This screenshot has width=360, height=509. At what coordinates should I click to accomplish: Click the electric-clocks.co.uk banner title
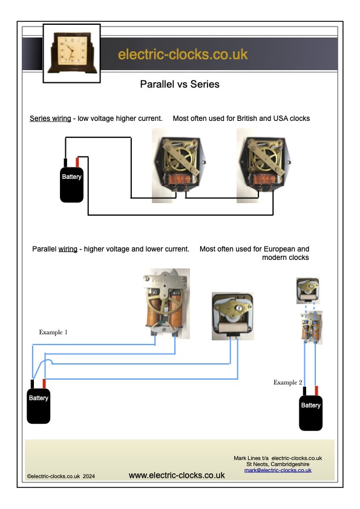[183, 54]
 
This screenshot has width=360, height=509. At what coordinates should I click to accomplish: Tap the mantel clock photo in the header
[72, 53]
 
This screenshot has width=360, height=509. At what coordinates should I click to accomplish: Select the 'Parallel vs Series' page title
[180, 85]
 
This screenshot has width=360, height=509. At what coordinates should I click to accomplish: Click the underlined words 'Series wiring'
[50, 118]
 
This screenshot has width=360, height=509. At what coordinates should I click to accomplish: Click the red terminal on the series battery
[77, 162]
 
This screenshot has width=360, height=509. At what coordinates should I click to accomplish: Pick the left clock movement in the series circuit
[180, 166]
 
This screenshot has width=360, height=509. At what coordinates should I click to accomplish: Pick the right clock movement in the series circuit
[264, 166]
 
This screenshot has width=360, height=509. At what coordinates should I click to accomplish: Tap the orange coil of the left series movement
[178, 179]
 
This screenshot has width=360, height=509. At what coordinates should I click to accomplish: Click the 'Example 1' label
[53, 332]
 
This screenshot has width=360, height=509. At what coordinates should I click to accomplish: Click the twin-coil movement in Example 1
[166, 303]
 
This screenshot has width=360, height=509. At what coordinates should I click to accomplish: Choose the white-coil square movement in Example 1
[232, 316]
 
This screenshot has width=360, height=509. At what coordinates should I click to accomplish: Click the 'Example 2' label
[288, 383]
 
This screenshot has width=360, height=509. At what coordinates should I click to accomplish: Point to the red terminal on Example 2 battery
[316, 391]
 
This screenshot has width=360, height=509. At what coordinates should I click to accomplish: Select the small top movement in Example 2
[308, 291]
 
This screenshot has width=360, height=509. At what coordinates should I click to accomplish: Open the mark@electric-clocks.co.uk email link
[278, 470]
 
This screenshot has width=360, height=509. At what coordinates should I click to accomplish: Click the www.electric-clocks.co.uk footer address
[177, 476]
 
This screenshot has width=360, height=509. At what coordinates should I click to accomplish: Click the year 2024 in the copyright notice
[89, 476]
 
